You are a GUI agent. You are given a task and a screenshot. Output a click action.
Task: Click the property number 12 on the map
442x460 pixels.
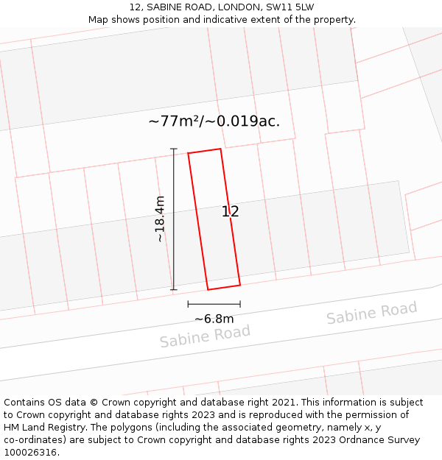click(x=230, y=212)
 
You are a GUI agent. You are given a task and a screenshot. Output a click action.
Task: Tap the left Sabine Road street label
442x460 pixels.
click(x=205, y=336)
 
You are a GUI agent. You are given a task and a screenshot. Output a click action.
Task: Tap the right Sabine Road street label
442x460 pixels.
click(x=371, y=313)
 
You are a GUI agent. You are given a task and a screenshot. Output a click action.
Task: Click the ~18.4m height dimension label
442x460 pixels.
click(x=159, y=219)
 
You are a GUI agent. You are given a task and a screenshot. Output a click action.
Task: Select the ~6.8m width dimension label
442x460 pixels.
click(x=214, y=319)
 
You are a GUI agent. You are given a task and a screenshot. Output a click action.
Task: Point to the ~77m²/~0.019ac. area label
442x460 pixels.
click(x=214, y=121)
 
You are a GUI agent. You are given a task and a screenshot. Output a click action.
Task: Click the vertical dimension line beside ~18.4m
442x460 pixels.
click(x=174, y=221)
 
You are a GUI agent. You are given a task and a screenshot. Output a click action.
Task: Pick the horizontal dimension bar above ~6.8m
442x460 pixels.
click(x=214, y=303)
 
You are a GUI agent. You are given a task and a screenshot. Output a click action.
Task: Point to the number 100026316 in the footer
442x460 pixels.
click(x=29, y=453)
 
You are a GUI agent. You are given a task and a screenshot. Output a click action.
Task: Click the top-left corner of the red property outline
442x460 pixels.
click(x=189, y=153)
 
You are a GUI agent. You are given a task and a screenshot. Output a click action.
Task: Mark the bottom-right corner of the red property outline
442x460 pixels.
click(x=240, y=285)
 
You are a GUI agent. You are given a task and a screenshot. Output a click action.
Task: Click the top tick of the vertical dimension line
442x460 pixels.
click(x=174, y=149)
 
